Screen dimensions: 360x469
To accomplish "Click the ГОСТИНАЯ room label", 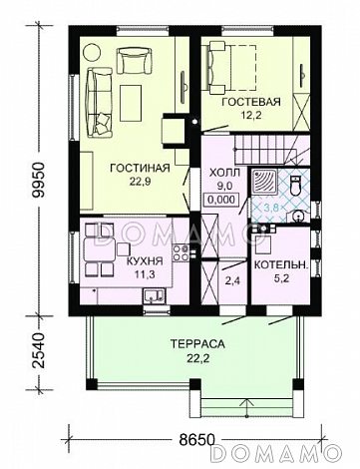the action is [x=140, y=168].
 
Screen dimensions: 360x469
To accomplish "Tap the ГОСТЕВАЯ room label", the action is [x=251, y=102].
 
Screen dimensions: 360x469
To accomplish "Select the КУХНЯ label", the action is [x=145, y=261].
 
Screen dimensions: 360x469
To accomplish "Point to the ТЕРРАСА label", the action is [x=198, y=343].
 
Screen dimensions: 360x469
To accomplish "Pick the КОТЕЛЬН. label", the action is [x=281, y=264].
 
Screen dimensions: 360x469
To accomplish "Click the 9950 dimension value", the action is [x=39, y=181].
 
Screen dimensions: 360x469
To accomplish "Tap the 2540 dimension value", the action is [x=39, y=350].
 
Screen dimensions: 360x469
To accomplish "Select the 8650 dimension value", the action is [x=195, y=440].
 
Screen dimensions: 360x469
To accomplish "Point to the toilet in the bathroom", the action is [x=295, y=187].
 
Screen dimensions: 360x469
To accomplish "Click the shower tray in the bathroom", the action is [x=264, y=182].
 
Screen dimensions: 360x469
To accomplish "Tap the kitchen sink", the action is [x=154, y=296].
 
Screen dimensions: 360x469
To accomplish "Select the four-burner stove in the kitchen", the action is [x=180, y=252].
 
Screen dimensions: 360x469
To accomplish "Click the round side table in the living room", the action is [x=92, y=53].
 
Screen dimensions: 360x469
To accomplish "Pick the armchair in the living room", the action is [x=134, y=60].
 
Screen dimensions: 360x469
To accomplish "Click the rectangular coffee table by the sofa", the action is [x=131, y=103].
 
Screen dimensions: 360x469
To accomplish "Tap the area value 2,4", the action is [x=232, y=281].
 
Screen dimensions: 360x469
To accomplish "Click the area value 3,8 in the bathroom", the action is [x=271, y=208].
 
